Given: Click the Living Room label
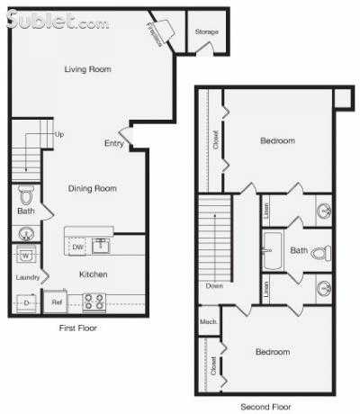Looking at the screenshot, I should pos(87,68).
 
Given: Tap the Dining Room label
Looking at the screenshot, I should pos(94,188).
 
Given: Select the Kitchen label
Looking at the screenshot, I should pos(94,274).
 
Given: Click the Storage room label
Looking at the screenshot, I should pos(207,32).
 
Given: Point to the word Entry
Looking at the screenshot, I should pos(114,143).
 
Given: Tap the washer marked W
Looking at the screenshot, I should pos(25,254).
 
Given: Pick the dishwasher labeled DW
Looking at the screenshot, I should pos(77,246).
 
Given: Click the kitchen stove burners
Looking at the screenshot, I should pos(94,302).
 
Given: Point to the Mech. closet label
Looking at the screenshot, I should pos(208,320).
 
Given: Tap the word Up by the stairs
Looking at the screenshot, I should pos(59,134).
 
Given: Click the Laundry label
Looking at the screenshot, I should pos(26,277).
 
